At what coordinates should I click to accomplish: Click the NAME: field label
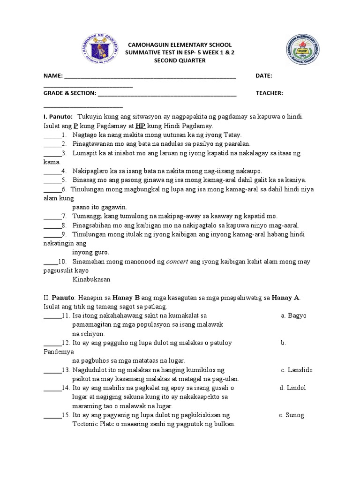52,76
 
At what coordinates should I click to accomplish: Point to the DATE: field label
264,76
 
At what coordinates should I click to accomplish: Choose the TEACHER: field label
269,93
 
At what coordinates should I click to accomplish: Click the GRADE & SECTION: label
70,93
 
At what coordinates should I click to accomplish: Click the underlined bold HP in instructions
140,126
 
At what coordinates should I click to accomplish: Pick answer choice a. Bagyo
293,315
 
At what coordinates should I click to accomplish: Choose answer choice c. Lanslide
296,370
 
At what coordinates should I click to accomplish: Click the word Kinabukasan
91,279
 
